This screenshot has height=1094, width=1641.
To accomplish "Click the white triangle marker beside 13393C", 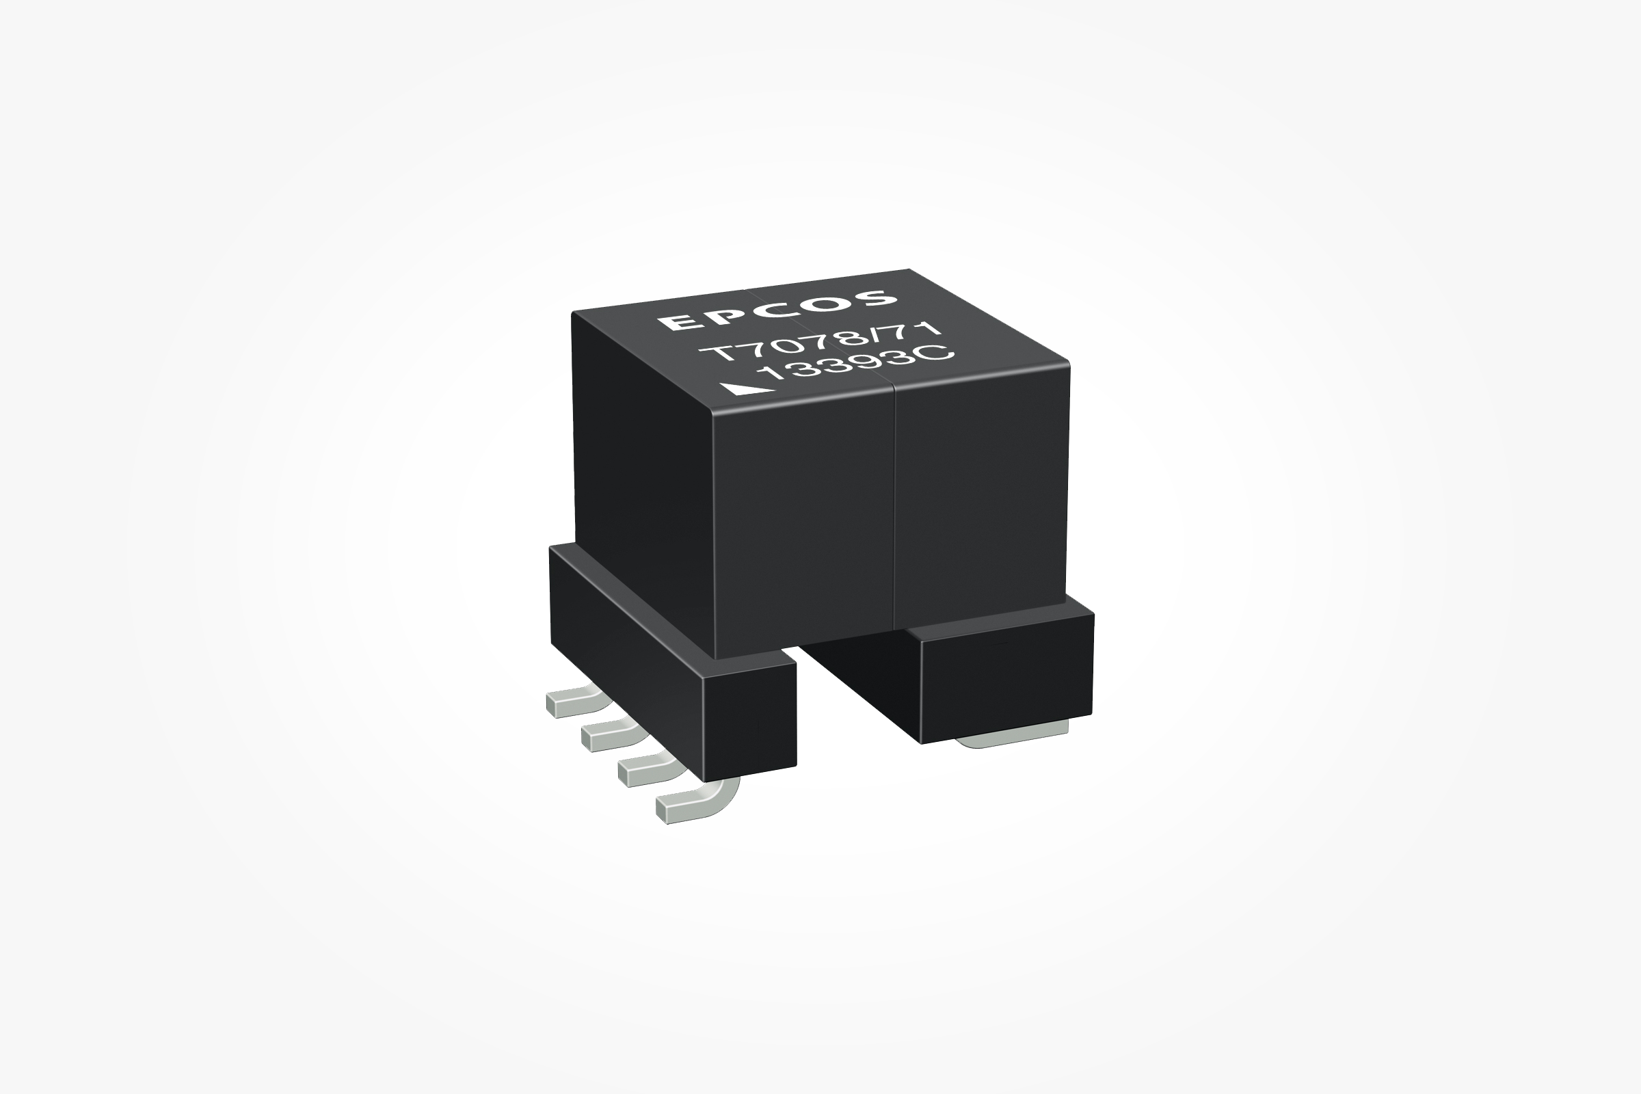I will pos(749,389).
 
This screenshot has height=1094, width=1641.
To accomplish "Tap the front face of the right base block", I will pos(1005,681).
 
